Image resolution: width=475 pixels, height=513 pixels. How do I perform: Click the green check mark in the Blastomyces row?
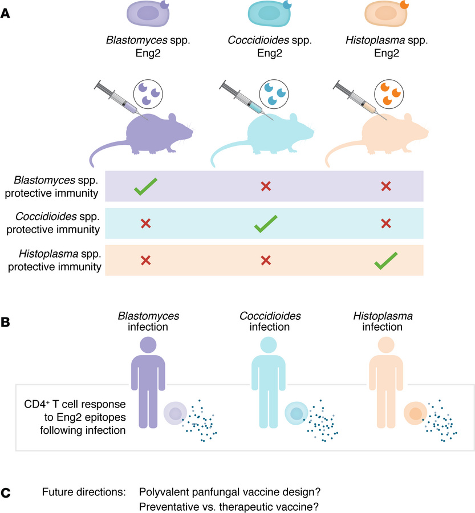point(145,186)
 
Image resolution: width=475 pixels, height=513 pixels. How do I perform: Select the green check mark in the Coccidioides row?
point(266,223)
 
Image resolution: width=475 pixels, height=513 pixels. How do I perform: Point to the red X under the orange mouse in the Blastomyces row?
point(385,186)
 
